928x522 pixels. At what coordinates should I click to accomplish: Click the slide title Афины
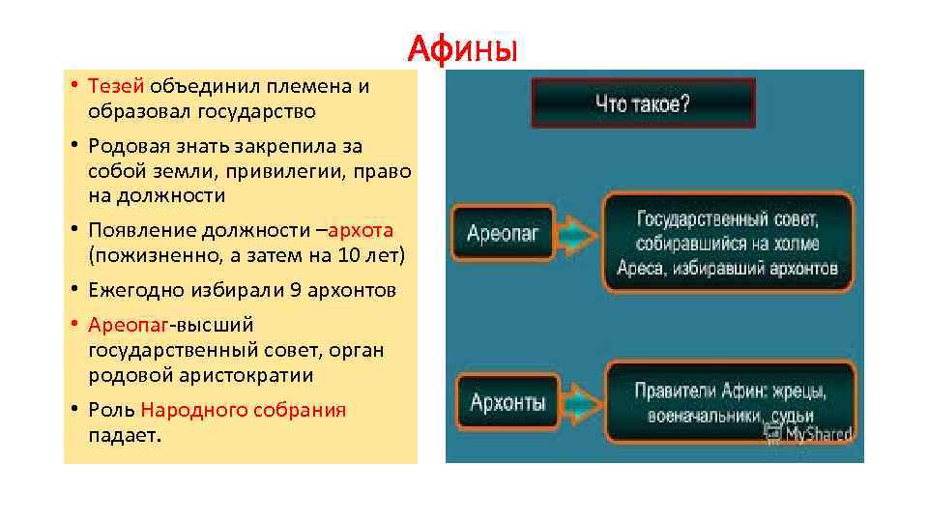tap(463, 45)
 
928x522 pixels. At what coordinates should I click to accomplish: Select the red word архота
tap(361, 231)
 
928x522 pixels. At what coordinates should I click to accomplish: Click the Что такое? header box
tap(643, 103)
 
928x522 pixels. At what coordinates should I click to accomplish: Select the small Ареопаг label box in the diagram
tap(503, 233)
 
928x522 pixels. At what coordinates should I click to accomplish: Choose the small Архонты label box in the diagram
tap(507, 402)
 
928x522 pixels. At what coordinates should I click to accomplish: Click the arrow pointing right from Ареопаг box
tap(578, 233)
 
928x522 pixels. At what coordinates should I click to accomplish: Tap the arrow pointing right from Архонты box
tap(580, 402)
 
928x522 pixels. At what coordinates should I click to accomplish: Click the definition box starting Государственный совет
tap(728, 242)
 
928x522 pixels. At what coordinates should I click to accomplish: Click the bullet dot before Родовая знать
tap(73, 146)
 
